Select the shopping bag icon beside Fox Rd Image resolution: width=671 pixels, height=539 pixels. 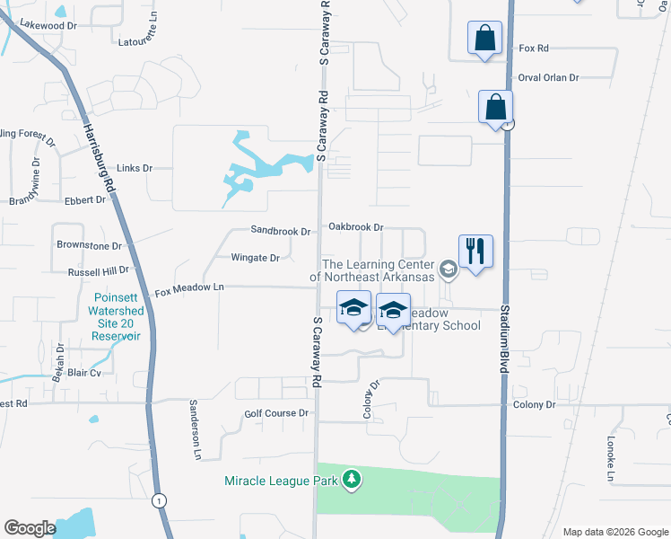[x=484, y=40]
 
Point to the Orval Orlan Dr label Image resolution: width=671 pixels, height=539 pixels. [x=548, y=77]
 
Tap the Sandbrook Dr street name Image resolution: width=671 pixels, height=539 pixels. [x=280, y=231]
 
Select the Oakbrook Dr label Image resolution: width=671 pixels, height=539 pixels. [x=355, y=227]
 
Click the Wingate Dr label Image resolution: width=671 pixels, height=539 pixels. [x=256, y=258]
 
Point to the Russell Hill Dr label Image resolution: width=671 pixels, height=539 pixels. [x=99, y=269]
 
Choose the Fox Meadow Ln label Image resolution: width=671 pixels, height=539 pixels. [x=188, y=289]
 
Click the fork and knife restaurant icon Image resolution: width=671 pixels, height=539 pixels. [x=475, y=251]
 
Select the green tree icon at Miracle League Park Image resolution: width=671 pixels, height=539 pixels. [x=352, y=481]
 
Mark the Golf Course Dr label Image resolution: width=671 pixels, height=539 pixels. [x=276, y=413]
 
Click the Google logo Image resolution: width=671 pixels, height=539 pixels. [x=30, y=528]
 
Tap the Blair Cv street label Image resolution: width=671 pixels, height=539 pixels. [x=83, y=372]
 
